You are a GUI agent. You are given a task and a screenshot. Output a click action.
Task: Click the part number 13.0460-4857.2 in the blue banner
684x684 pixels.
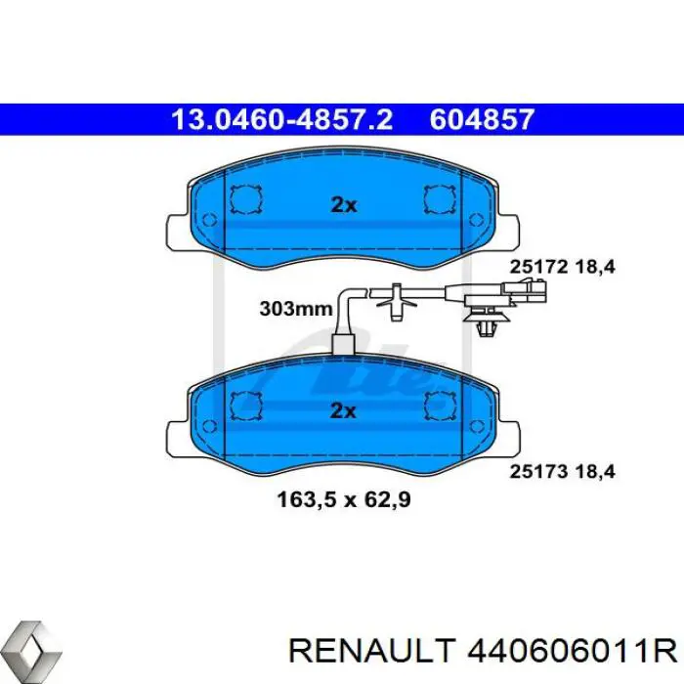pyautogui.click(x=281, y=119)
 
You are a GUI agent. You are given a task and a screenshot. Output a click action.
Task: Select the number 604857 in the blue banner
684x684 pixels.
pyautogui.click(x=482, y=119)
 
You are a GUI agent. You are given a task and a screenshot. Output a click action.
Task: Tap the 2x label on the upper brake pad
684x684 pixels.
pyautogui.click(x=344, y=204)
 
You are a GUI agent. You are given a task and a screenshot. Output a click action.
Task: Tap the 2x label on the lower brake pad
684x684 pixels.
pyautogui.click(x=343, y=410)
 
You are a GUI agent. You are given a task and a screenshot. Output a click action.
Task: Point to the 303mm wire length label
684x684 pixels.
pyautogui.click(x=296, y=309)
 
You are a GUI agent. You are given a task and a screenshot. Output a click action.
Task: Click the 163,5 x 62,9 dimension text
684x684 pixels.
pyautogui.click(x=344, y=499)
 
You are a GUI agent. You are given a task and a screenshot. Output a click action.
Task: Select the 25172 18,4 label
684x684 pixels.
pyautogui.click(x=562, y=267)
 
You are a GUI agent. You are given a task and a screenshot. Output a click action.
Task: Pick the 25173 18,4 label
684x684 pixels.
pyautogui.click(x=562, y=472)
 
